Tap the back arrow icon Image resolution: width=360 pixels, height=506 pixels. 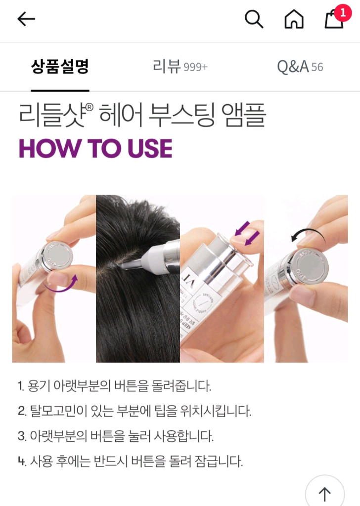click(26, 19)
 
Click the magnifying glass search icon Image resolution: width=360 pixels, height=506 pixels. click(254, 19)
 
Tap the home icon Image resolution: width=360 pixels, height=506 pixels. click(294, 19)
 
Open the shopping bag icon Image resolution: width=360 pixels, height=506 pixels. click(333, 20)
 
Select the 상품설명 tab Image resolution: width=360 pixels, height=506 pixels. click(60, 67)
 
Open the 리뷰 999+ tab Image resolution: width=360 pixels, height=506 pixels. click(180, 67)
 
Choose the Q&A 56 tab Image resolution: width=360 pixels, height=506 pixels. click(300, 67)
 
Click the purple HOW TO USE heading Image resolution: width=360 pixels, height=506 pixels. click(95, 148)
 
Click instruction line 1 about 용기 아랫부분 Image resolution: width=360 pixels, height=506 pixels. click(115, 386)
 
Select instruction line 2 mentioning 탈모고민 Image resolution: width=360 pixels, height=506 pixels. click(135, 411)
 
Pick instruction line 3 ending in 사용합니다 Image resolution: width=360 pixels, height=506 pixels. click(116, 436)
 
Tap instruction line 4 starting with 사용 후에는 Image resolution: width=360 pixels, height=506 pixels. click(131, 462)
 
